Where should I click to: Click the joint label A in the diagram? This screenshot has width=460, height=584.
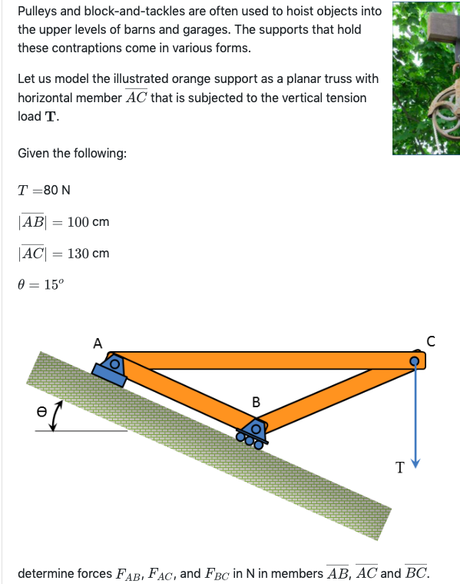coord(98,343)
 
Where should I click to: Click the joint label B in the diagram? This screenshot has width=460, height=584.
coord(256,401)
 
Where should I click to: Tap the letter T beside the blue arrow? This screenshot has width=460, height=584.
coord(399,466)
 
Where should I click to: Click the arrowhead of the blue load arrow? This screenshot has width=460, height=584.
coord(416,464)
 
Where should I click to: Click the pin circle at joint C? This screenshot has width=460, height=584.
coord(415,360)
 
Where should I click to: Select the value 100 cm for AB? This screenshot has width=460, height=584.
coord(88,222)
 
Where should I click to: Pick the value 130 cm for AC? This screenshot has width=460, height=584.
coord(88,253)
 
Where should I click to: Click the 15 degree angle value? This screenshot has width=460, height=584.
coord(54,284)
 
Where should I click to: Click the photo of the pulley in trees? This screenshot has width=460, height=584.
coord(425,78)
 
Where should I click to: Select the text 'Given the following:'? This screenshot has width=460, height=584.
coord(72,153)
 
